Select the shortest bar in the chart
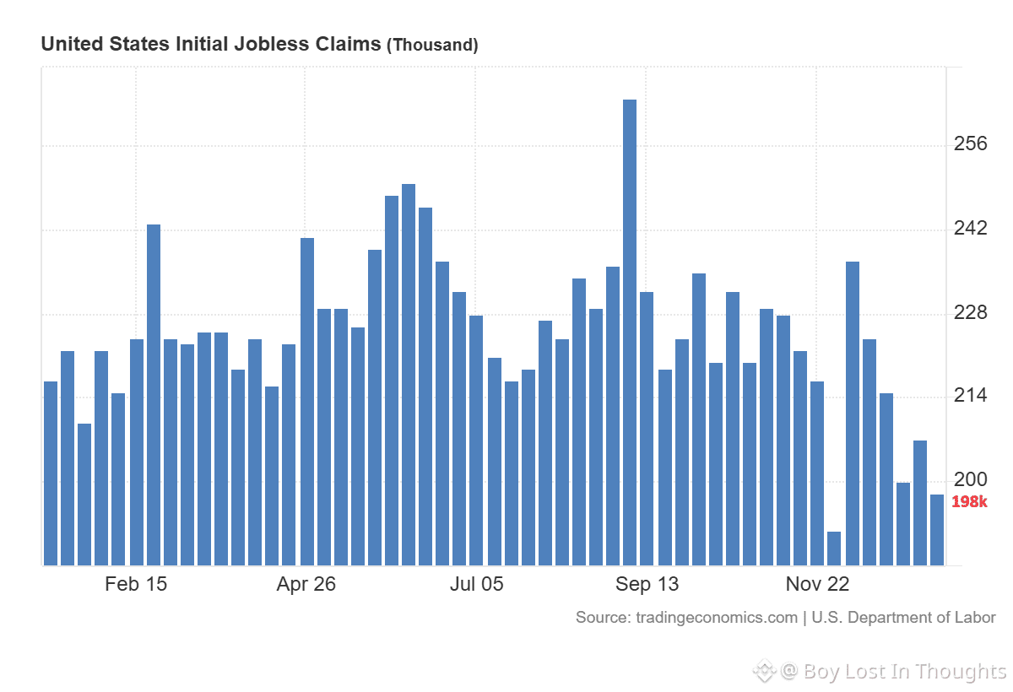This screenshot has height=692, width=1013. click(x=834, y=549)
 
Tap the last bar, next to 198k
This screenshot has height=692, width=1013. click(x=937, y=530)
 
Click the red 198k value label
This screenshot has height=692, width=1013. click(x=969, y=503)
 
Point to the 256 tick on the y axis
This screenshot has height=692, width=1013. click(x=971, y=144)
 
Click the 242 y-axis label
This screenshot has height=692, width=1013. click(x=971, y=229)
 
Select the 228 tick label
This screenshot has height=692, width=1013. click(x=971, y=313)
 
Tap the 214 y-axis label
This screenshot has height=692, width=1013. click(x=971, y=395)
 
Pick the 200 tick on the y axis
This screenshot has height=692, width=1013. click(x=971, y=479)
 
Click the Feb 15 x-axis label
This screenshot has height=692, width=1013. click(x=136, y=584)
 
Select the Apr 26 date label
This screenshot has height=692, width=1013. click(x=306, y=584)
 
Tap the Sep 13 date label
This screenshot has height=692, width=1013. click(x=647, y=584)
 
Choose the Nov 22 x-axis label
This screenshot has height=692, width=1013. click(x=817, y=584)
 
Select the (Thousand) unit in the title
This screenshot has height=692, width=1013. click(x=432, y=46)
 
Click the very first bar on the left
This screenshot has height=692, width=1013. click(x=51, y=473)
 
